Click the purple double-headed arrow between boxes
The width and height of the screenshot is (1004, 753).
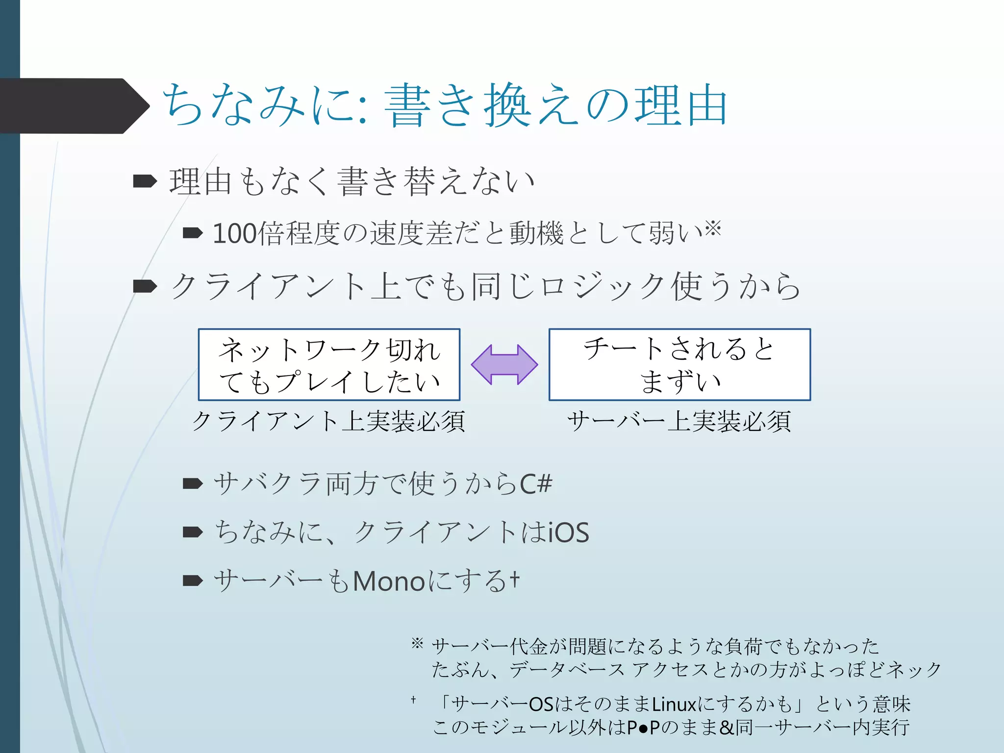[x=504, y=364]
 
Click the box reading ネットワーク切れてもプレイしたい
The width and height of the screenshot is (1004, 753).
[x=329, y=365]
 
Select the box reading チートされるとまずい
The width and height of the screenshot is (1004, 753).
[x=679, y=365]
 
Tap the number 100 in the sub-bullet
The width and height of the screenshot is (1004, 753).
[x=234, y=233]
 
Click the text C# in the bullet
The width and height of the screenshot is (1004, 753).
[x=536, y=484]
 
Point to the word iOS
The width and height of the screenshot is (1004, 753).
[x=569, y=532]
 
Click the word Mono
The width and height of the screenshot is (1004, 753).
[x=389, y=581]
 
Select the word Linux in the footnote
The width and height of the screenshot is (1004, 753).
[x=674, y=704]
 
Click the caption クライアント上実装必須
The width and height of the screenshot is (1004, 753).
[x=328, y=421]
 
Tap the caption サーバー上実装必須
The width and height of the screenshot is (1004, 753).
[x=679, y=421]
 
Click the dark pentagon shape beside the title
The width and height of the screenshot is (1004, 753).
[x=74, y=106]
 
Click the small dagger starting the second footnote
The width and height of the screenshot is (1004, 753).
[x=413, y=700]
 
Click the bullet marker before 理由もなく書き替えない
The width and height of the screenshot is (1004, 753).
[x=145, y=181]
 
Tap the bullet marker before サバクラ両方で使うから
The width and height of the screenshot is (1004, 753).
[x=193, y=484]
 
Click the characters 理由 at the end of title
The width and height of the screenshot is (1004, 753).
[x=680, y=105]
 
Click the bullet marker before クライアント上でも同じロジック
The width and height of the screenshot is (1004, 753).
[x=145, y=286]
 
